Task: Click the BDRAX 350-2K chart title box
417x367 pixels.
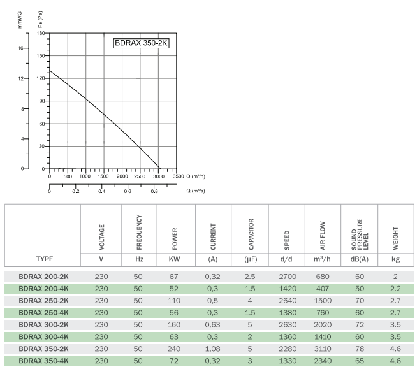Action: click(x=142, y=44)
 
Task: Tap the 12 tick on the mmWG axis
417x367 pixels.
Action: click(x=22, y=78)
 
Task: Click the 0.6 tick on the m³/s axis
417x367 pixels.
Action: click(x=128, y=191)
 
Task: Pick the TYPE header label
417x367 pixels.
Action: click(x=45, y=259)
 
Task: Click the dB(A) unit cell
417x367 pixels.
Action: click(x=360, y=259)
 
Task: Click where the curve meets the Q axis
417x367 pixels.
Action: click(x=161, y=169)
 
